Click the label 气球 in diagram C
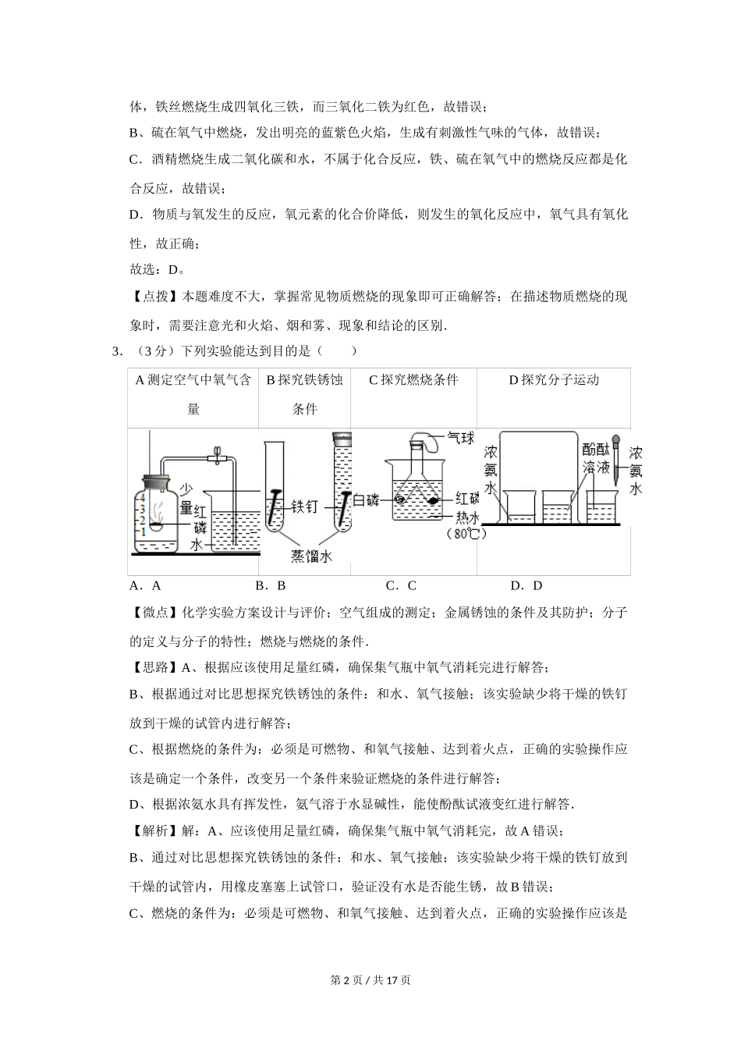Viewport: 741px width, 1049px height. click(461, 438)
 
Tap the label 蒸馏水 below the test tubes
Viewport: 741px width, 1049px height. click(311, 556)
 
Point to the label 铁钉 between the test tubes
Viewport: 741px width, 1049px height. click(304, 507)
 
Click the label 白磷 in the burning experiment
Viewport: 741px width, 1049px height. click(366, 500)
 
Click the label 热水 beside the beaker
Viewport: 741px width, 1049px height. click(468, 517)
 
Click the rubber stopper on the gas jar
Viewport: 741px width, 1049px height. click(156, 482)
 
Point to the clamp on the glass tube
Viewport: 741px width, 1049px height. click(217, 456)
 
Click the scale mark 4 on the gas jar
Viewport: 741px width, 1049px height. click(143, 498)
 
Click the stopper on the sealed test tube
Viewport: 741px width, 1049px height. click(342, 438)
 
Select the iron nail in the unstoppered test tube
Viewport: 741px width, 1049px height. click(274, 507)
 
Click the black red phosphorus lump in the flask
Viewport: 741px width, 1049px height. click(433, 500)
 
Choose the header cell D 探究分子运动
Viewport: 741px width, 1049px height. click(554, 380)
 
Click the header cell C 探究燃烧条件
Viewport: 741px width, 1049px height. click(413, 380)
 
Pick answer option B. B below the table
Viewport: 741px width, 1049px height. click(270, 586)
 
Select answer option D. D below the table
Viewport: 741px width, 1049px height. click(526, 586)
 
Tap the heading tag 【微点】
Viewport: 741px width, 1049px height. click(155, 613)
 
